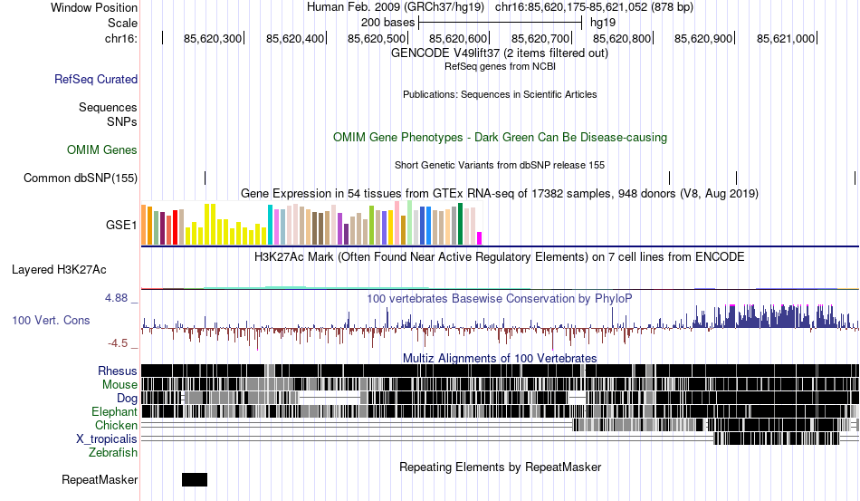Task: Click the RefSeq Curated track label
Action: (96, 80)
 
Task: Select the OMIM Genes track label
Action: (102, 149)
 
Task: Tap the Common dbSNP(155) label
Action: (81, 178)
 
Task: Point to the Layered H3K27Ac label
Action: (59, 269)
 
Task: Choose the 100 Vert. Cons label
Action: (52, 320)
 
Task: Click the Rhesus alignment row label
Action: (118, 371)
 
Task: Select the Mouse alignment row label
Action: (120, 384)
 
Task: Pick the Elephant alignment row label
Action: (115, 411)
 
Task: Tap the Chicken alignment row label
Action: (117, 425)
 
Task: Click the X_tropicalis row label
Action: (107, 438)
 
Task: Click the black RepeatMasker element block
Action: (195, 479)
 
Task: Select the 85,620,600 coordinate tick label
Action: (459, 39)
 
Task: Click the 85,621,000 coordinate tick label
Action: (786, 39)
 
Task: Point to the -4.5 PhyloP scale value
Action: (119, 343)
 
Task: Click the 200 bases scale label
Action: (387, 22)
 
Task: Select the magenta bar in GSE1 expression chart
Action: (480, 238)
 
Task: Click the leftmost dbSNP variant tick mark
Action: (205, 178)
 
